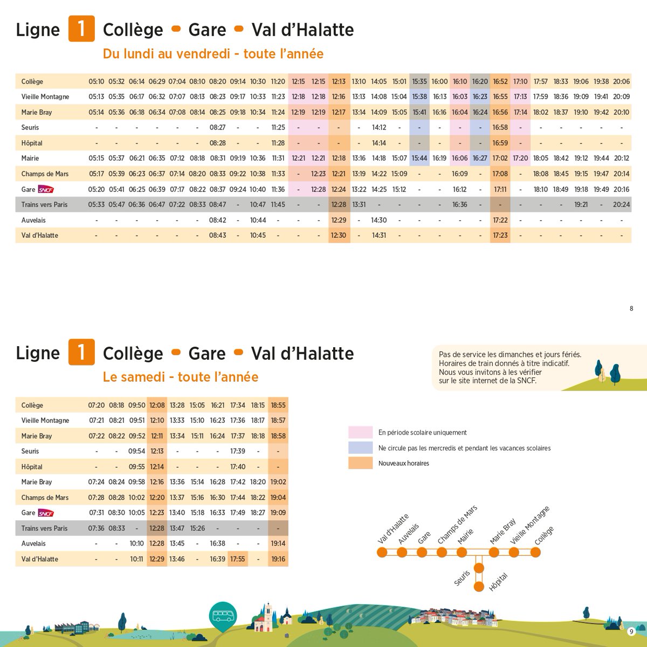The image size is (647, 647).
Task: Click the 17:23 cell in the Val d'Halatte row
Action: click(x=500, y=236)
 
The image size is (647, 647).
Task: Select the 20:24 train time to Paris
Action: click(x=621, y=204)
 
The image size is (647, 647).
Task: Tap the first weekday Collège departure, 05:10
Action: click(x=97, y=81)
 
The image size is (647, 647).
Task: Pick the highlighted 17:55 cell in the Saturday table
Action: click(x=238, y=559)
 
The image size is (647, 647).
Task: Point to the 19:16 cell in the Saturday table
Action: click(x=278, y=559)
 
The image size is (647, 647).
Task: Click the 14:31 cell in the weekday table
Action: click(x=378, y=236)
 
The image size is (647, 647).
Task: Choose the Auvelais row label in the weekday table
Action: click(x=33, y=221)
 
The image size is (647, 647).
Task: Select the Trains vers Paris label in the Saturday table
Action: click(x=44, y=528)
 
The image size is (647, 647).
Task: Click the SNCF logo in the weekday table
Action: click(x=46, y=190)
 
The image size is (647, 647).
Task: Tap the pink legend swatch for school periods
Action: click(x=360, y=432)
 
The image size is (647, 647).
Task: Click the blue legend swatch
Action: click(x=360, y=448)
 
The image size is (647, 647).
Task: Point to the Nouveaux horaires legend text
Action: click(x=404, y=463)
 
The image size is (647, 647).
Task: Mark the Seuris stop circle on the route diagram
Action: click(x=479, y=568)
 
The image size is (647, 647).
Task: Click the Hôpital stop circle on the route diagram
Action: click(x=479, y=587)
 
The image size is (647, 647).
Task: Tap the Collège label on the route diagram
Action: click(x=544, y=535)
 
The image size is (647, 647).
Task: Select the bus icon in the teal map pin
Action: click(x=223, y=616)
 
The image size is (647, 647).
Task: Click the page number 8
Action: click(x=631, y=308)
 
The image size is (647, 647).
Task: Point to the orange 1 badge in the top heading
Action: click(x=81, y=29)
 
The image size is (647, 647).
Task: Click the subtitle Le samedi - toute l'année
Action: click(x=181, y=377)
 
